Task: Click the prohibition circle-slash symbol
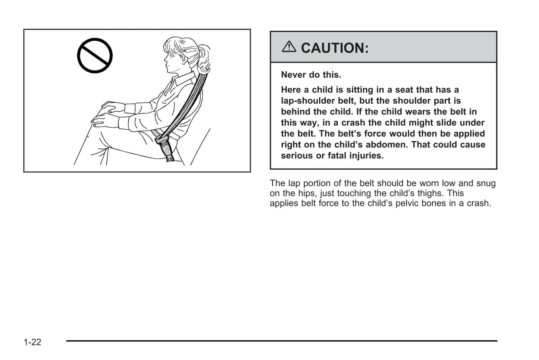click(x=95, y=56)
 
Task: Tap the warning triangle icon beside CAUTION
click(x=289, y=47)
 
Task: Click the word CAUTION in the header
click(x=334, y=48)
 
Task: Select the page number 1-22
click(x=32, y=342)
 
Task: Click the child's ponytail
click(x=203, y=58)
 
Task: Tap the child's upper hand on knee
click(x=112, y=108)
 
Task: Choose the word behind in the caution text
click(x=294, y=112)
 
